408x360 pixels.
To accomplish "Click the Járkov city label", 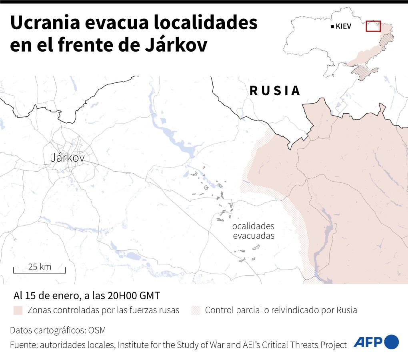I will click(68, 158).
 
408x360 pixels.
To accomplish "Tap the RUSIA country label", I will click(275, 91).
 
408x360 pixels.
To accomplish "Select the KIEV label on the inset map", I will click(344, 27).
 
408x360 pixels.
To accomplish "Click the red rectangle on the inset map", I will click(373, 26).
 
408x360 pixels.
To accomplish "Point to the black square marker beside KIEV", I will click(332, 27).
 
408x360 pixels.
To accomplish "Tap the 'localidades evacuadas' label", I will click(252, 231).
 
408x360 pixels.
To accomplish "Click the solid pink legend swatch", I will click(18, 310).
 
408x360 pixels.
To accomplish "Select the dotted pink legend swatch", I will click(196, 310).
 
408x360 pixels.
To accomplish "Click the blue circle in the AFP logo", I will click(392, 342).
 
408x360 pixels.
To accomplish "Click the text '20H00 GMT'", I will click(134, 296).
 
